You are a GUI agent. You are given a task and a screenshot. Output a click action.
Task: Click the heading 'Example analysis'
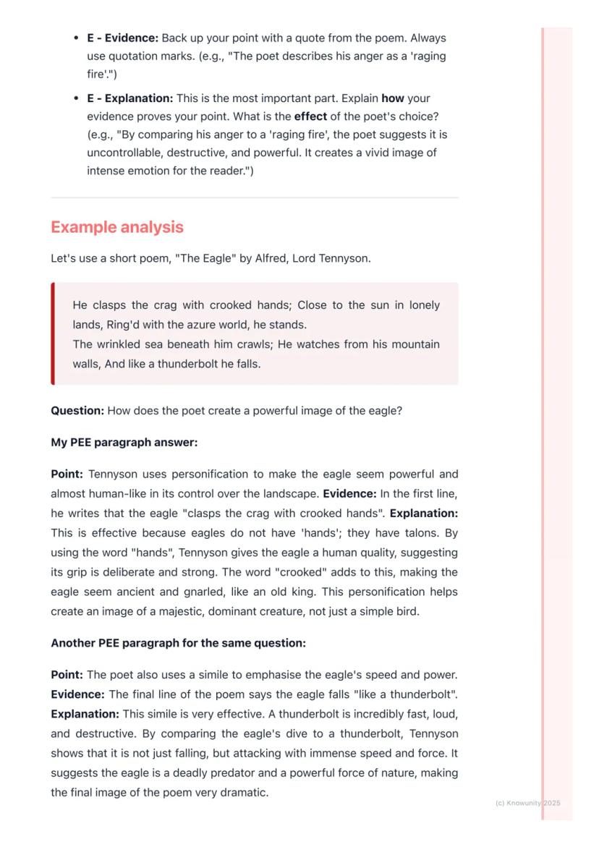(117, 227)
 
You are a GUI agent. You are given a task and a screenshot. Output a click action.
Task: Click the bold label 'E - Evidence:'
(122, 38)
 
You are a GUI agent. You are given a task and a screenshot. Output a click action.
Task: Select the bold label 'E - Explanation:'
(130, 98)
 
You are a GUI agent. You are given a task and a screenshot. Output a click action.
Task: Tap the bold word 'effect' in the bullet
(310, 116)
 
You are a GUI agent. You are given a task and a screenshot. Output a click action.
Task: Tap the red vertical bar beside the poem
(53, 333)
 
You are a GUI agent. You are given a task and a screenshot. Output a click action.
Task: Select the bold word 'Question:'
(77, 411)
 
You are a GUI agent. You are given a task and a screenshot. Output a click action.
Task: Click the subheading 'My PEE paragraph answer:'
(124, 442)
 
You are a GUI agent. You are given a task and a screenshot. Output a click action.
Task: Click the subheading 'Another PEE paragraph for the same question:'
(178, 643)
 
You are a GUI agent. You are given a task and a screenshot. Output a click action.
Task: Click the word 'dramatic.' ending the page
(245, 792)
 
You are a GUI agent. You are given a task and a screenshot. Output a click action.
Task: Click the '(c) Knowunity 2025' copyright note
(527, 803)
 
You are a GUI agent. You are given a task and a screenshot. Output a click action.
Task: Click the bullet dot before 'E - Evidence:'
(76, 38)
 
